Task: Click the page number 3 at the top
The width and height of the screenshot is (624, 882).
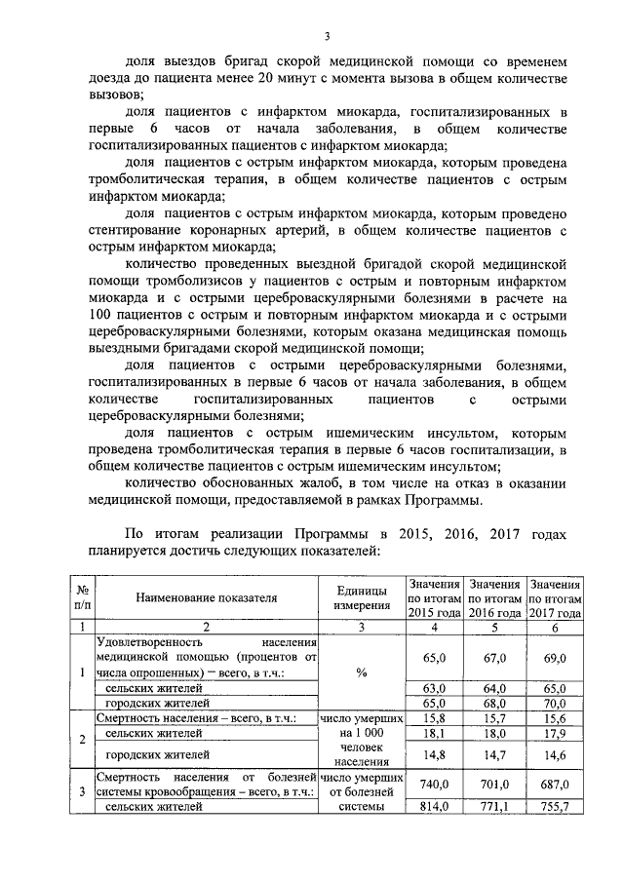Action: point(328,37)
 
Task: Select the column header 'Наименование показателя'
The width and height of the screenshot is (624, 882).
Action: point(207,597)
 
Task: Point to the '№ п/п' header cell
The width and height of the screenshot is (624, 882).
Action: point(83,597)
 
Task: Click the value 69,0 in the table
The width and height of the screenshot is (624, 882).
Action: point(555,659)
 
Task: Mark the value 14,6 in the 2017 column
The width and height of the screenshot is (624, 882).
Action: point(555,753)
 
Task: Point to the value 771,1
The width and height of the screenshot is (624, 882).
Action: point(496,806)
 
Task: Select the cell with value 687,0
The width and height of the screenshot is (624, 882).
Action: point(555,784)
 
